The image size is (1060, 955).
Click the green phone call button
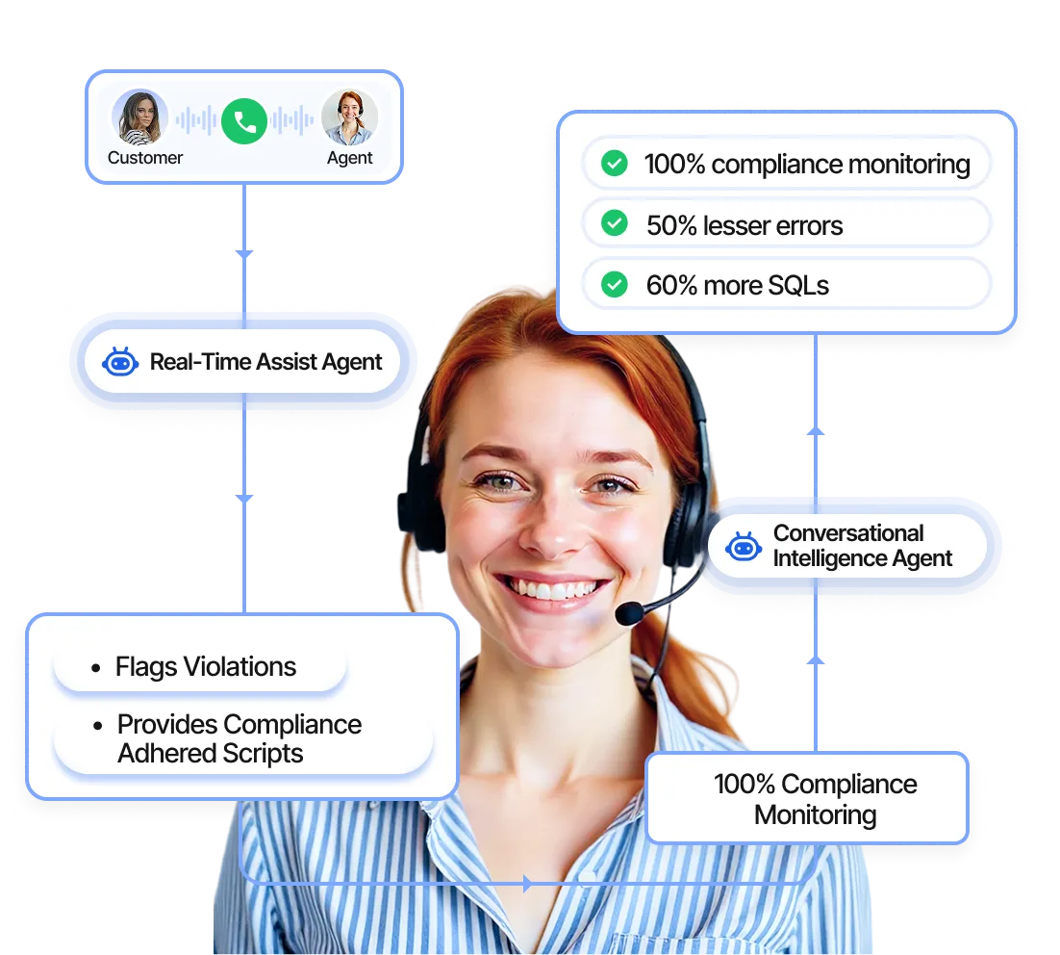pos(243,121)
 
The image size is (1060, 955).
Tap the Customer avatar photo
pos(139,117)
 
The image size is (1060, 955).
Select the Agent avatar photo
pos(348,117)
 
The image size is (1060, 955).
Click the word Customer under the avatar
pos(145,158)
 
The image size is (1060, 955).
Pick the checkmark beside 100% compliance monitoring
pos(614,164)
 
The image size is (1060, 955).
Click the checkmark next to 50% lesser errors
pos(614,224)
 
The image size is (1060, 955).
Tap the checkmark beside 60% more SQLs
pos(614,285)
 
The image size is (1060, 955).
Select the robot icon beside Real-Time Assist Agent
pos(120,363)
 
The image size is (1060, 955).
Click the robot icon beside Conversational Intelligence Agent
pos(744,547)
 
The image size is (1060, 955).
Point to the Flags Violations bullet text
pos(205,667)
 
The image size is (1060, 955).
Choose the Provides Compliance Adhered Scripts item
pos(239,739)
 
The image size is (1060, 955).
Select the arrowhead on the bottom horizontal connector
pos(526,883)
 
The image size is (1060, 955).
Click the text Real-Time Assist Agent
pos(265,363)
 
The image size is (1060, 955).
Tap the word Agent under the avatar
pos(349,158)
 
